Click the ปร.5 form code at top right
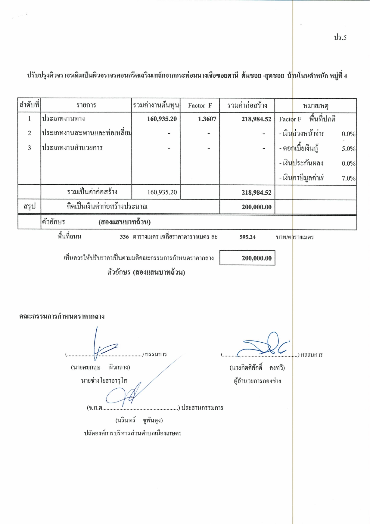(x=340, y=38)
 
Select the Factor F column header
(x=200, y=106)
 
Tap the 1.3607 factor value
(x=207, y=119)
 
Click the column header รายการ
(x=86, y=105)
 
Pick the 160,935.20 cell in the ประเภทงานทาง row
(x=162, y=119)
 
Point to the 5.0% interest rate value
(x=348, y=149)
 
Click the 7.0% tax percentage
(x=348, y=178)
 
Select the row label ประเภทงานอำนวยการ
(x=72, y=148)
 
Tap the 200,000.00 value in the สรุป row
(x=256, y=207)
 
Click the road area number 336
(x=124, y=237)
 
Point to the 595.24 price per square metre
(x=247, y=237)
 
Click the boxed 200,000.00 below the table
(x=256, y=258)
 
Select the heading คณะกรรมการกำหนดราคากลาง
(x=62, y=316)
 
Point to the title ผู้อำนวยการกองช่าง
(x=257, y=381)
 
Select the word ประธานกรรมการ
(x=202, y=408)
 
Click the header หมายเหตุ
(x=316, y=106)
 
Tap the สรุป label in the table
(x=30, y=207)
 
